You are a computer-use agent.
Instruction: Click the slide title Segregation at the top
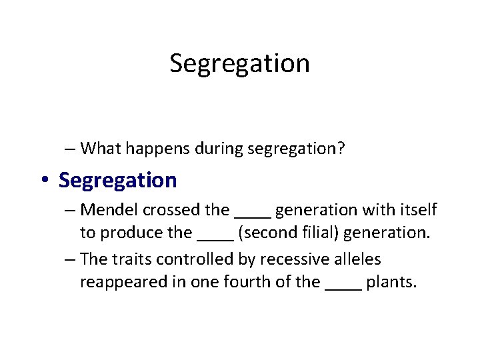(x=239, y=63)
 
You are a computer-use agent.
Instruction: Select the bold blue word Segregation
(x=118, y=180)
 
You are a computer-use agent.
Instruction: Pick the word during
(x=219, y=148)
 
